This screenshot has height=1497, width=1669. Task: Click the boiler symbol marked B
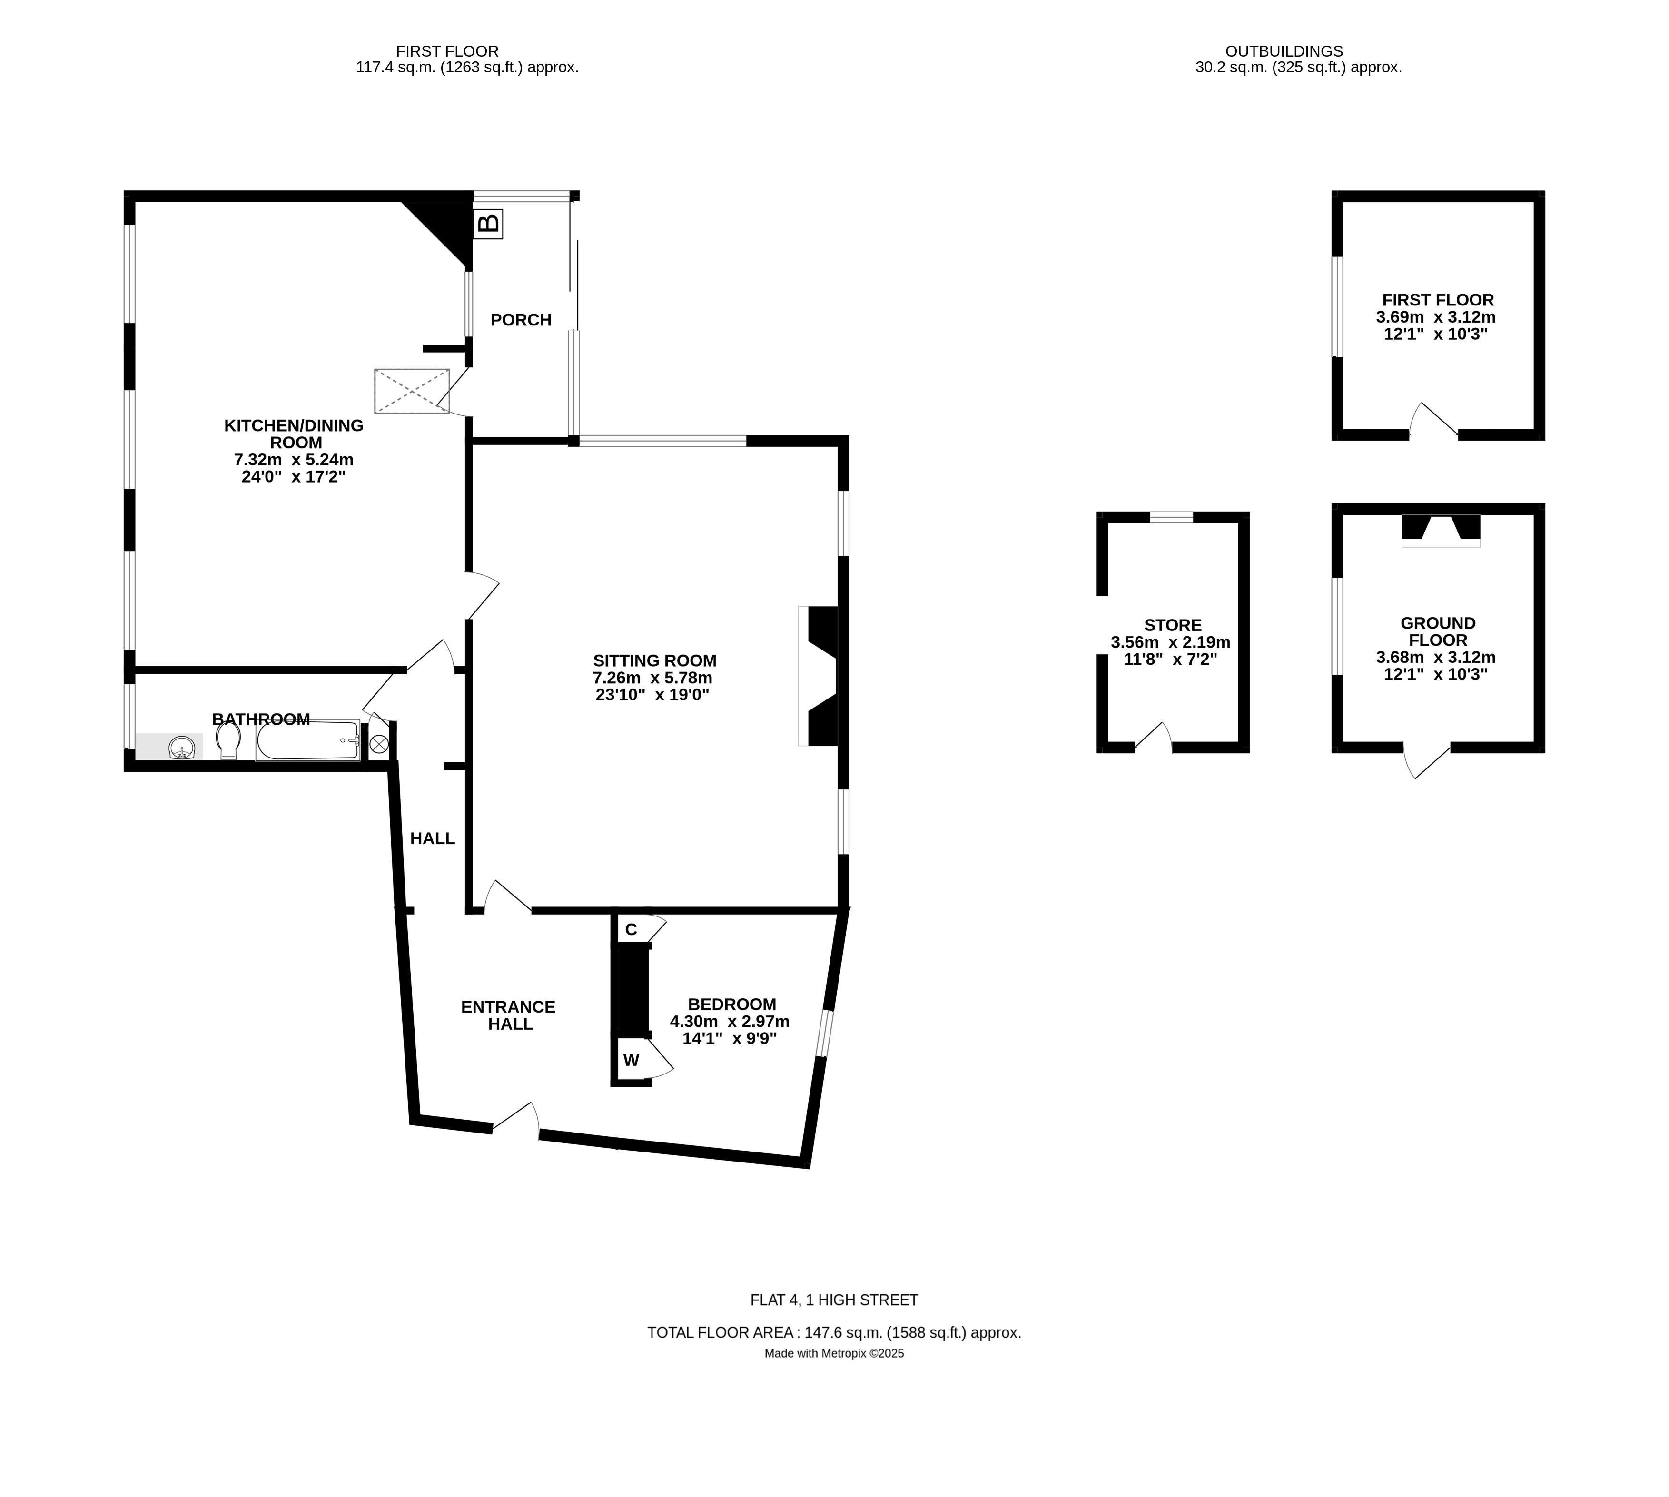(488, 223)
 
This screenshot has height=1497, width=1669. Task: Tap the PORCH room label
(521, 320)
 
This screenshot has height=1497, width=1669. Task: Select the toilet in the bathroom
(228, 741)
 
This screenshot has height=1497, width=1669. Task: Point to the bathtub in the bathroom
(307, 741)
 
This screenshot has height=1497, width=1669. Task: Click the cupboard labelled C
(631, 929)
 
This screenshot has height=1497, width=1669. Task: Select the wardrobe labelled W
(631, 1060)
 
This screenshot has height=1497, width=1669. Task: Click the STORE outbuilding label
(1172, 625)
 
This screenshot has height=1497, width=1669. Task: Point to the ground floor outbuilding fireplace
(1440, 528)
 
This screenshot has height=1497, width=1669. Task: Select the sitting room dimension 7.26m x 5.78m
(652, 678)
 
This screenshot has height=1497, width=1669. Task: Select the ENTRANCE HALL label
(508, 1015)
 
